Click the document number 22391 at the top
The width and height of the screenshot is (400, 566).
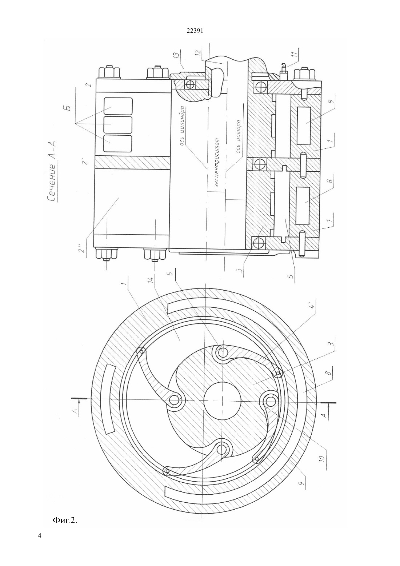pos(195,31)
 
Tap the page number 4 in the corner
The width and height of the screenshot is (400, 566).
pos(40,542)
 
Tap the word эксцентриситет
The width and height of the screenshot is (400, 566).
pos(216,163)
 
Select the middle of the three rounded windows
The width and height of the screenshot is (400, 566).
pos(118,124)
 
